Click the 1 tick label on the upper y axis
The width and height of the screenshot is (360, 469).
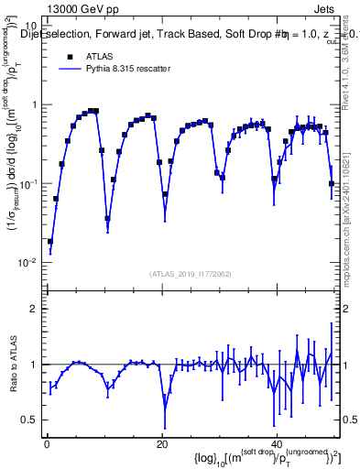point(35,104)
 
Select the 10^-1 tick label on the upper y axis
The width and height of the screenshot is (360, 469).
point(29,183)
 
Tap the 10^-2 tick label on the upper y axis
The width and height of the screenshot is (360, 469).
point(29,262)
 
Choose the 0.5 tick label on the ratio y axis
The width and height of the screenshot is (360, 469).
point(31,420)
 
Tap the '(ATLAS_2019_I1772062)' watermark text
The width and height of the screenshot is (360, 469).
point(190,274)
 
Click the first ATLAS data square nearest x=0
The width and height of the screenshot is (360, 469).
point(49,242)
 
